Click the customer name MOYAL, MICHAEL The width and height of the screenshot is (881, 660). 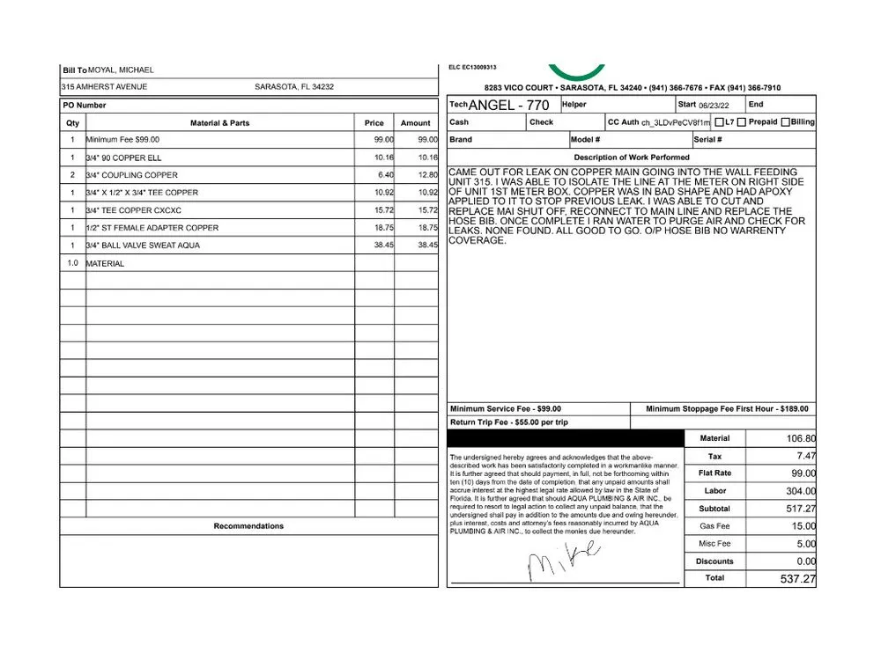coord(122,70)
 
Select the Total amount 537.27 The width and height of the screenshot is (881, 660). coord(797,579)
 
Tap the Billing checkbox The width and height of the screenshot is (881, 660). coord(785,122)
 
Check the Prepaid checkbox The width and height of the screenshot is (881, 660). coord(742,122)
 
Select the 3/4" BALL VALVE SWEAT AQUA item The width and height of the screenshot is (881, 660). coord(130,246)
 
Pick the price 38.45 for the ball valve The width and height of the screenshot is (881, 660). coord(381,246)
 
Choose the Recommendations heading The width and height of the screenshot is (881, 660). coord(248,526)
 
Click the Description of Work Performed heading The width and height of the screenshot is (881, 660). coord(631,158)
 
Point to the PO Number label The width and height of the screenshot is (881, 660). coord(85,105)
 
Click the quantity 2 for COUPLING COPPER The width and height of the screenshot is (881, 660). coord(72,175)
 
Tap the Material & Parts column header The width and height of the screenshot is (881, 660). coord(219,123)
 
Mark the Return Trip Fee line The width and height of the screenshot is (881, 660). coord(508,422)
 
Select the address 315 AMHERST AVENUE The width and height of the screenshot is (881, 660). coord(104,87)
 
